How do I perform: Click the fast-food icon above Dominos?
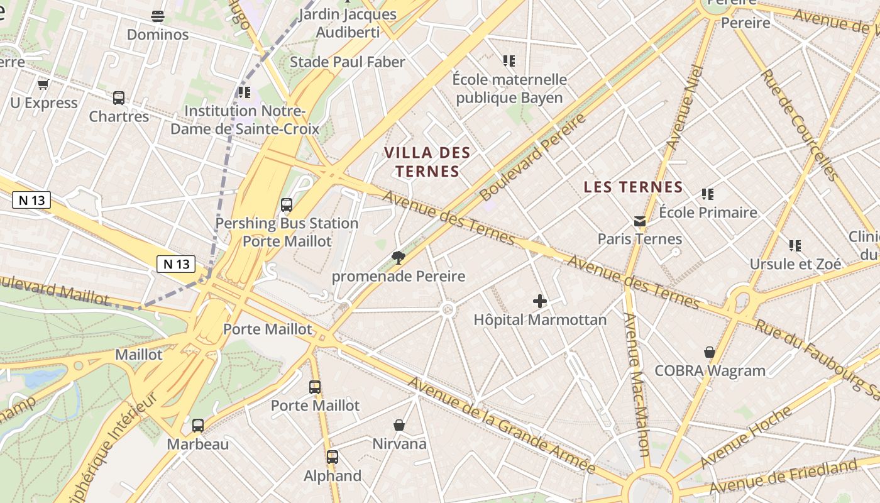click(x=158, y=16)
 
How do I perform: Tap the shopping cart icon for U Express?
click(x=43, y=84)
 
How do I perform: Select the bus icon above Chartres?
click(x=119, y=98)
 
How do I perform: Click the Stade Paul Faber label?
click(x=347, y=62)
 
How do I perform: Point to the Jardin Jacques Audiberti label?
click(x=348, y=23)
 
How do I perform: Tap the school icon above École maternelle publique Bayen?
click(x=509, y=61)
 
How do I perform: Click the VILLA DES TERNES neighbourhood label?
click(x=427, y=162)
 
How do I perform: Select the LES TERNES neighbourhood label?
click(x=633, y=187)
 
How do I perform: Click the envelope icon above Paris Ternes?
click(x=640, y=221)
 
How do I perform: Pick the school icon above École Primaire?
click(x=708, y=194)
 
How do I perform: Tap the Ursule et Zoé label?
click(x=795, y=263)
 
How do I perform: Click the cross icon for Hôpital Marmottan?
click(x=539, y=302)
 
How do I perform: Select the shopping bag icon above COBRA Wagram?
click(x=710, y=352)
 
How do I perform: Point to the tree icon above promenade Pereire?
click(x=398, y=257)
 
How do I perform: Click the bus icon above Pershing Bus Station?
click(x=287, y=205)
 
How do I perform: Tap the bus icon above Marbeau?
click(x=198, y=426)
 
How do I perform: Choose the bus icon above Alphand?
click(x=333, y=457)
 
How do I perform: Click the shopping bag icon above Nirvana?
click(x=399, y=426)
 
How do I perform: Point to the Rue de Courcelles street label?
click(x=798, y=124)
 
